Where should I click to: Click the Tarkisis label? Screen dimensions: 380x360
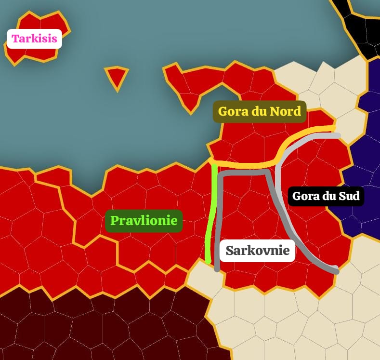(x=35, y=39)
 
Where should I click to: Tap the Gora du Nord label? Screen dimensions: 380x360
(x=260, y=111)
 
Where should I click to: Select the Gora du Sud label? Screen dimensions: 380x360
(x=326, y=196)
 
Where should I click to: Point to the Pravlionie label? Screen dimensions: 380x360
(x=144, y=221)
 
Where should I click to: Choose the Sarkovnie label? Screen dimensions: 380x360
(x=257, y=251)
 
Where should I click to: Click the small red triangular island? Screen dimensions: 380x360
(x=116, y=76)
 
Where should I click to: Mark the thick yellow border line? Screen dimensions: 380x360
(x=250, y=165)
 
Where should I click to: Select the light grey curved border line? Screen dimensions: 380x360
(x=278, y=193)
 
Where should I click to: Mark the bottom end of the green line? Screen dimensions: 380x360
(x=208, y=261)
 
